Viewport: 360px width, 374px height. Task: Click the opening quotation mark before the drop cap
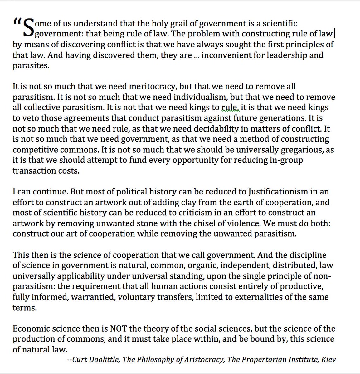pyautogui.click(x=17, y=22)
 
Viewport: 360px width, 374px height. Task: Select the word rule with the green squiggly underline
pyautogui.click(x=229, y=107)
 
